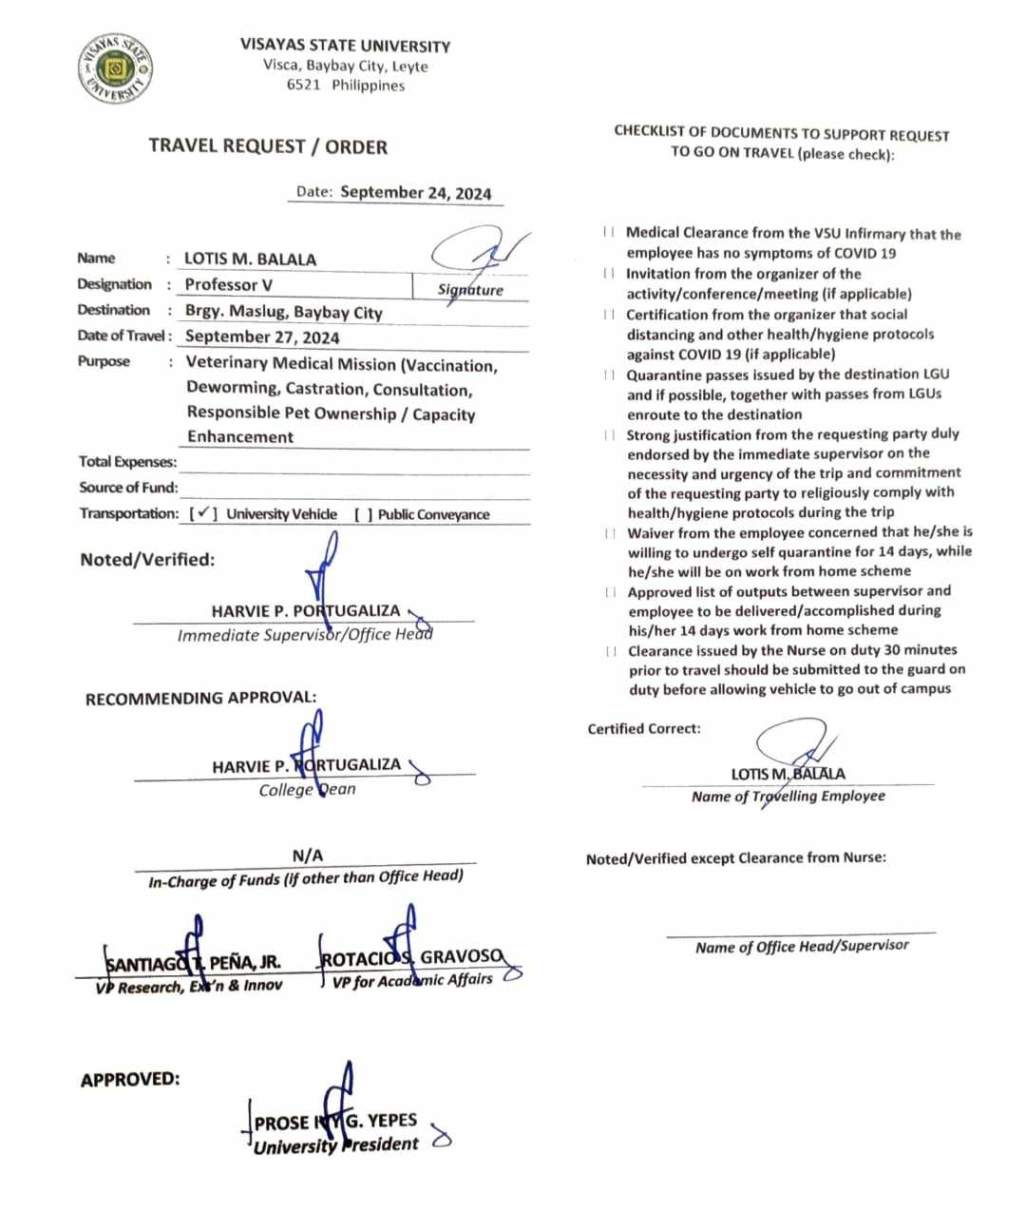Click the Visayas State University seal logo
115,69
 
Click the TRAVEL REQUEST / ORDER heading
268,147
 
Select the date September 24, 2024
415,192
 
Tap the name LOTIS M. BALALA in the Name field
250,259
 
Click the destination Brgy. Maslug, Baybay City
283,312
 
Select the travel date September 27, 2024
262,336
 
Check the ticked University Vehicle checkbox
204,513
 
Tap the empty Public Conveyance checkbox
363,514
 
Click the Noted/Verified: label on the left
147,560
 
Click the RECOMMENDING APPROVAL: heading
200,699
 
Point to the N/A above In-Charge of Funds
307,855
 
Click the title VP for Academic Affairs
412,980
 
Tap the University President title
335,1145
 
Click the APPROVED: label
130,1080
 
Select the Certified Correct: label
644,729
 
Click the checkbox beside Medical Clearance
608,233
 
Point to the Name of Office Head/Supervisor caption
802,947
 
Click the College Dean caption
307,790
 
